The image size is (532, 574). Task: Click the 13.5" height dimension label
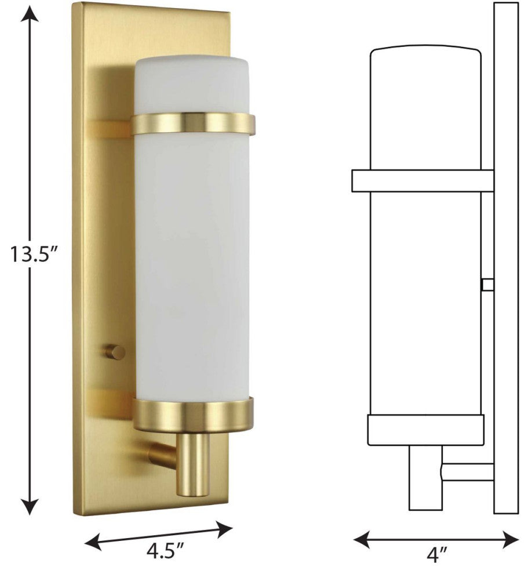[34, 254]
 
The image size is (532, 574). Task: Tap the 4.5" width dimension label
[165, 551]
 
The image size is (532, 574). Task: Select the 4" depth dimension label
[437, 555]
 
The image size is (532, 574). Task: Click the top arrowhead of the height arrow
[30, 14]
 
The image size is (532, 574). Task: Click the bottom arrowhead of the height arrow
[30, 506]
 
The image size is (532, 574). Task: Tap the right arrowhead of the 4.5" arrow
[224, 528]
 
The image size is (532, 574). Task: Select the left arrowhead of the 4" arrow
[362, 539]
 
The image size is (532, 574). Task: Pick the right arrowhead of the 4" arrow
[510, 539]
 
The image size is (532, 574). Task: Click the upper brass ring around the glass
[193, 123]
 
